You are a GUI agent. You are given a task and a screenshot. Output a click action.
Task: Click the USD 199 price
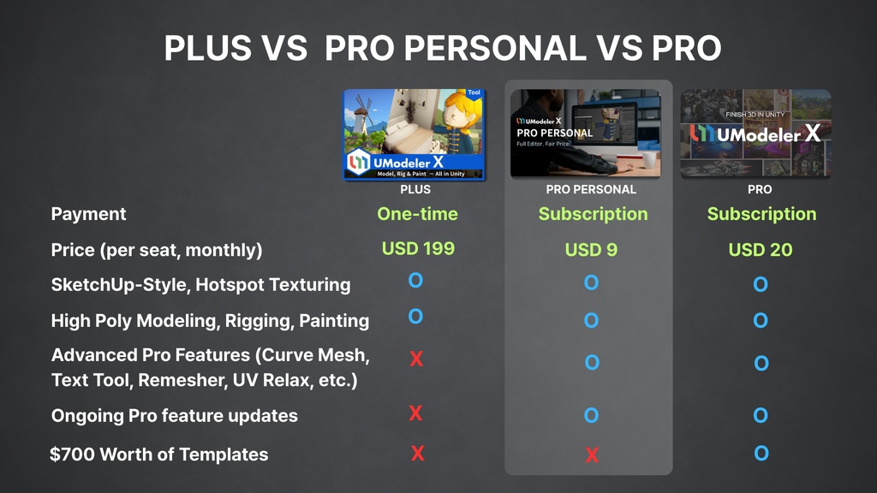pyautogui.click(x=418, y=249)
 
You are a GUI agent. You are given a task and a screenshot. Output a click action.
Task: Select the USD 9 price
pyautogui.click(x=591, y=251)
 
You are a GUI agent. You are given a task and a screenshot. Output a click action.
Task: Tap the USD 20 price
pyautogui.click(x=761, y=250)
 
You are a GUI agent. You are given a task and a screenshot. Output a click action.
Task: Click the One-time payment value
pyautogui.click(x=417, y=214)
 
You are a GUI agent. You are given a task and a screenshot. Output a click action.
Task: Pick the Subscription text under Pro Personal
pyautogui.click(x=593, y=214)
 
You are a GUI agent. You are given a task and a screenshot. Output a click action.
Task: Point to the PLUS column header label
pyautogui.click(x=415, y=189)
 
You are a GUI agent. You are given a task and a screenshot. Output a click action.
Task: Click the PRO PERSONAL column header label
pyautogui.click(x=591, y=189)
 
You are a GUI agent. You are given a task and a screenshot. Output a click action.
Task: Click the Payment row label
pyautogui.click(x=88, y=214)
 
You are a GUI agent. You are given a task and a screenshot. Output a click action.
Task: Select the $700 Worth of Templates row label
pyautogui.click(x=159, y=454)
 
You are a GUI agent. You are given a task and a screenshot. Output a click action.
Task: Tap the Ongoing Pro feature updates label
pyautogui.click(x=175, y=416)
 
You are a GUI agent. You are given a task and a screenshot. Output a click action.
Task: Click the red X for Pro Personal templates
pyautogui.click(x=592, y=455)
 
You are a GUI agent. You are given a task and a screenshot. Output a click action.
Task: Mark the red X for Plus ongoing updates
pyautogui.click(x=415, y=413)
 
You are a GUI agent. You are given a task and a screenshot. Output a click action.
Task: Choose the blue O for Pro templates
pyautogui.click(x=761, y=454)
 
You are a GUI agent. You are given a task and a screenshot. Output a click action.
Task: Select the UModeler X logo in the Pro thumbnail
pyautogui.click(x=755, y=134)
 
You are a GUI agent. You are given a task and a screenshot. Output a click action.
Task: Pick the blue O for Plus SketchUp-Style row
pyautogui.click(x=415, y=280)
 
